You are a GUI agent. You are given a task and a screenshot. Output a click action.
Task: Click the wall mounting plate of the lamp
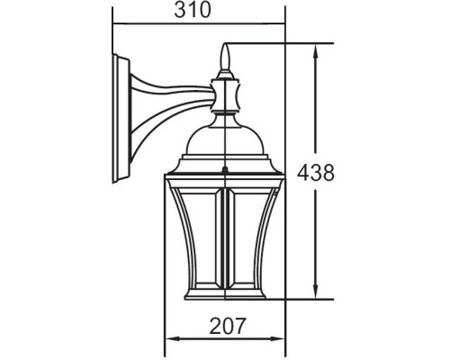tap(118, 117)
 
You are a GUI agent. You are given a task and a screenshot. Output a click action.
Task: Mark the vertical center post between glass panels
tap(224, 238)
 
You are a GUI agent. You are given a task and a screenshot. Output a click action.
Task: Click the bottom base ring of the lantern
tap(224, 294)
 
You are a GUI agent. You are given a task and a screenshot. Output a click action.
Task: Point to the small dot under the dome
tap(224, 168)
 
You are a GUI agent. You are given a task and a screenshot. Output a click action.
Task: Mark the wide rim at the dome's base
tap(224, 163)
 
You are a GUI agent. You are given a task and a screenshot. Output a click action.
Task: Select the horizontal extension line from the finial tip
tap(279, 42)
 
